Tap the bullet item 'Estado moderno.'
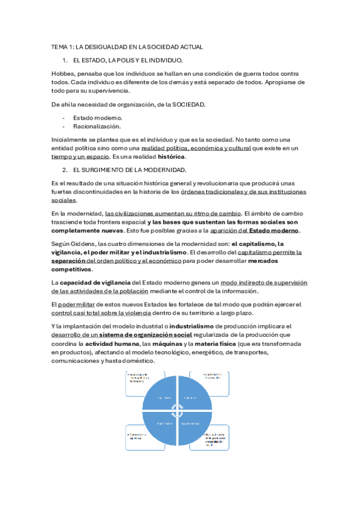(97, 118)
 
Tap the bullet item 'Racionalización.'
(98, 126)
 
